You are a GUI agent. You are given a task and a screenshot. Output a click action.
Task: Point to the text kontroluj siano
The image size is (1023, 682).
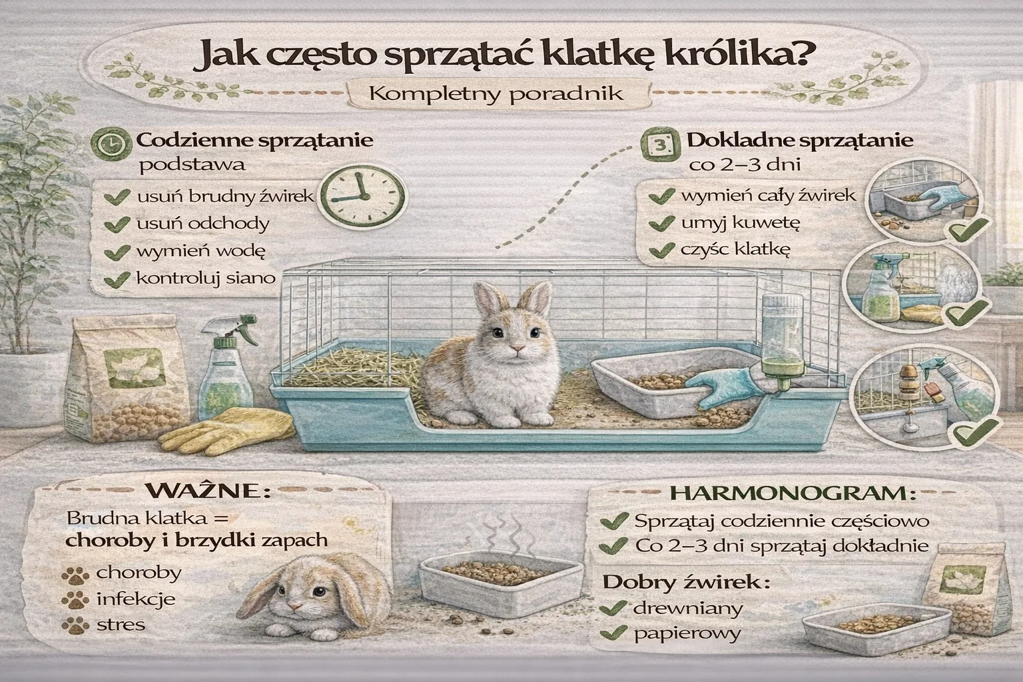[205, 278]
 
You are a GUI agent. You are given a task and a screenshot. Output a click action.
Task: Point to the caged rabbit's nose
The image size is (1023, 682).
[515, 349]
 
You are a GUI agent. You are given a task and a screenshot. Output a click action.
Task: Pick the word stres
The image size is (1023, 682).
[121, 625]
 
